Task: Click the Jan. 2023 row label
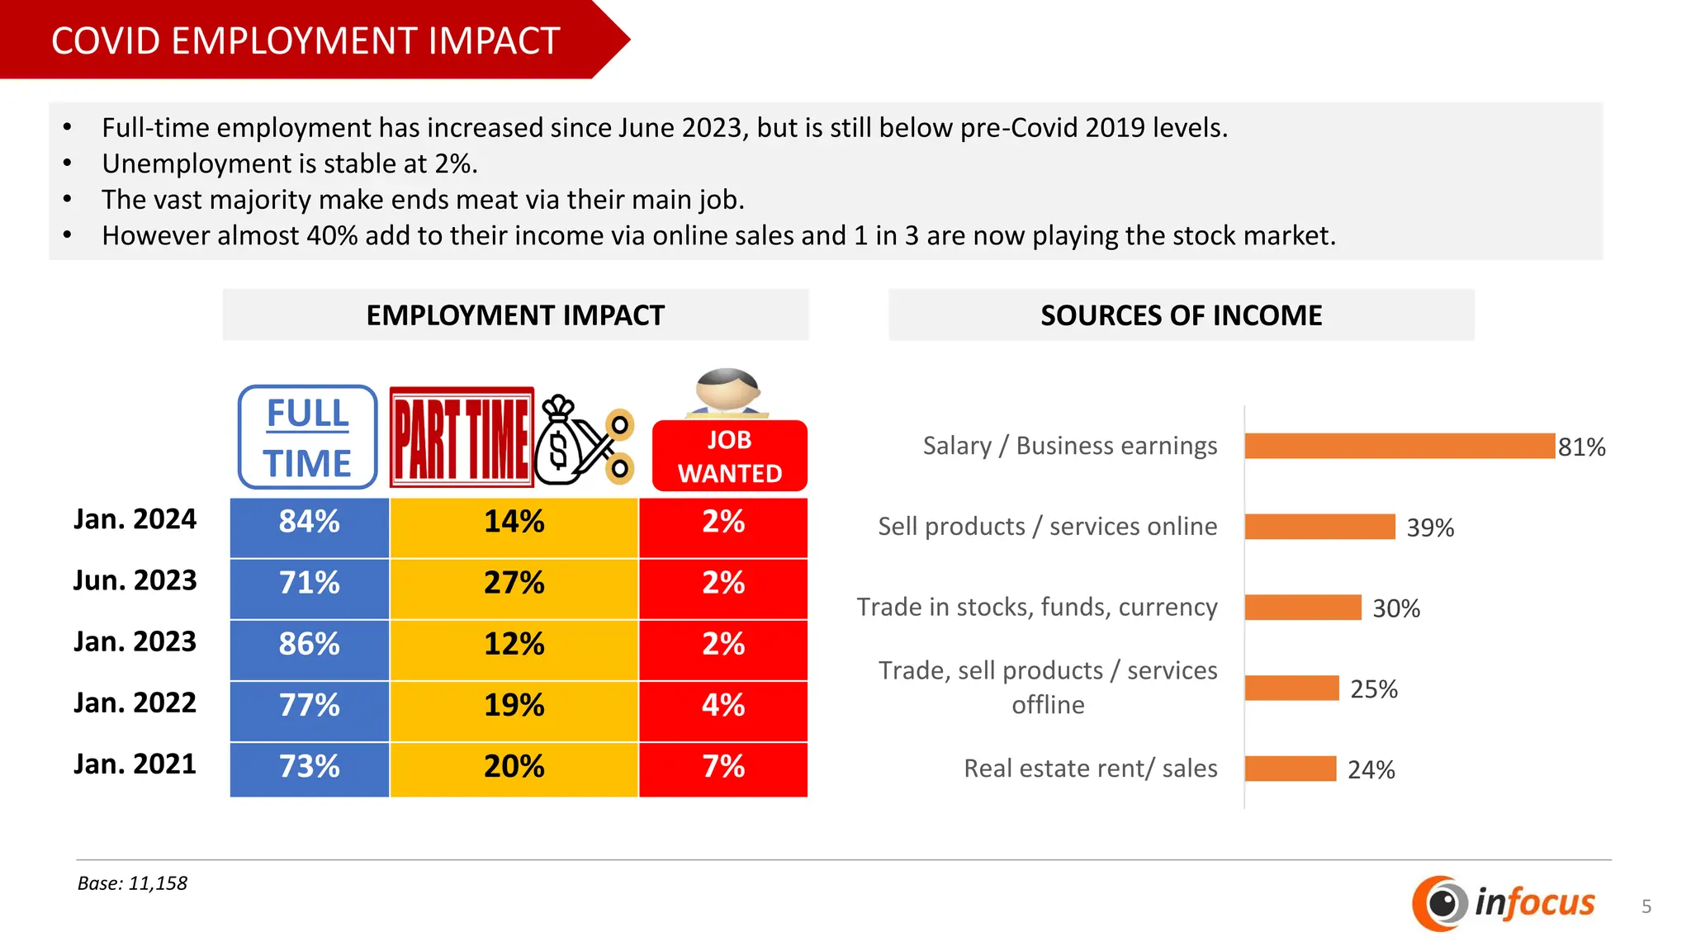135,642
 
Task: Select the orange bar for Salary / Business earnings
1399,446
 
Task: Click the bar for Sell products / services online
1319,527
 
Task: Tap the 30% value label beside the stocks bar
1396,608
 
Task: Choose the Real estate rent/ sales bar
1290,769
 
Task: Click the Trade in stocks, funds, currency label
1037,607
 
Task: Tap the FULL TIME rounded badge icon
308,438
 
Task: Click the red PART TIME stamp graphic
462,438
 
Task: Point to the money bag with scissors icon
583,441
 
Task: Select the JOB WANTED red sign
730,457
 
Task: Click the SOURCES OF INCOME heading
1181,315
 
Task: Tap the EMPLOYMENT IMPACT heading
515,315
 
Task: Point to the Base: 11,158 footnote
132,883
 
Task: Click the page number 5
1646,906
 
